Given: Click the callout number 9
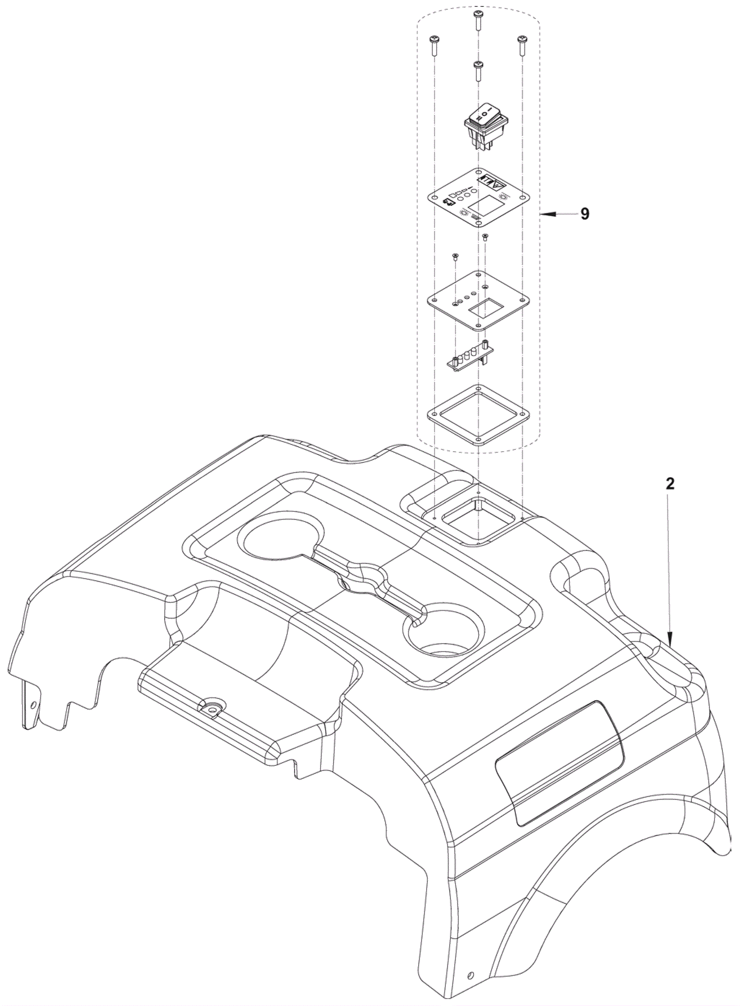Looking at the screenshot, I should tap(585, 214).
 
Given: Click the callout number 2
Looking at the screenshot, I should tap(670, 484).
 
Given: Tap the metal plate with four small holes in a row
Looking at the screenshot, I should tap(478, 300).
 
